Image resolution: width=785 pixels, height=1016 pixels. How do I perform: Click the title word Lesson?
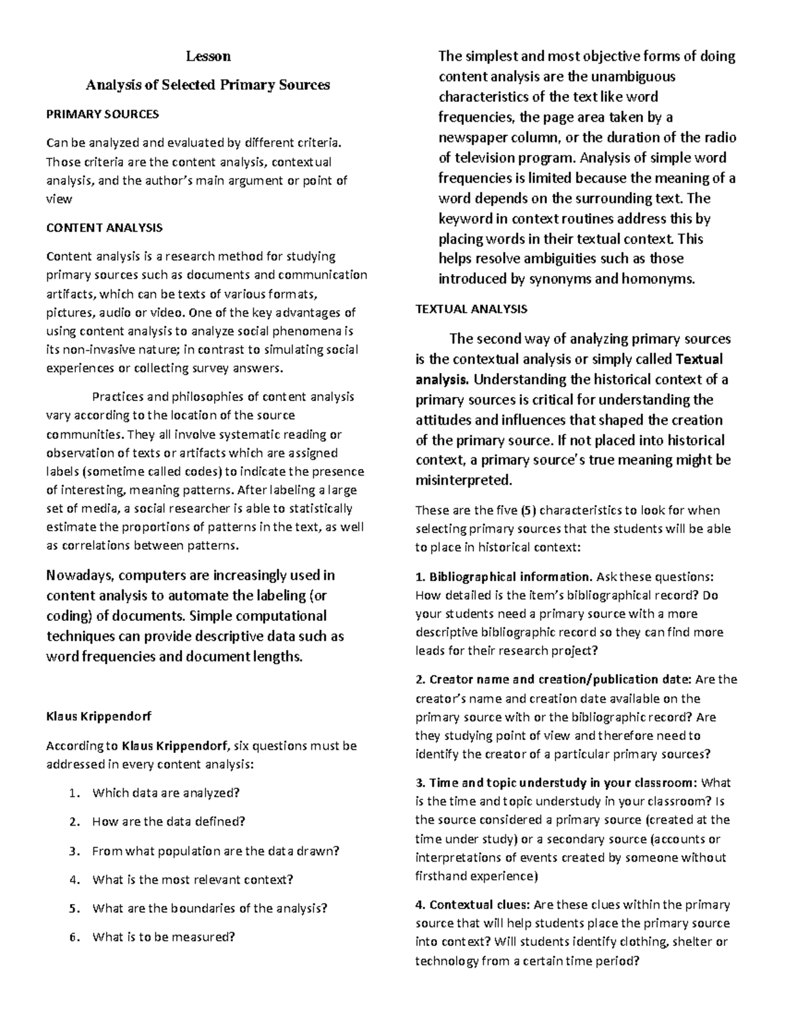[x=208, y=56]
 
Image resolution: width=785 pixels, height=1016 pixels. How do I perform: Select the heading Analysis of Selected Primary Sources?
[x=208, y=84]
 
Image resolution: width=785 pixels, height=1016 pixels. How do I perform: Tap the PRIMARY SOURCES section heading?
[x=102, y=114]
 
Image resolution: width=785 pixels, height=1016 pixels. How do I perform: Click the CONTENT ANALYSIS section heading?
[x=104, y=228]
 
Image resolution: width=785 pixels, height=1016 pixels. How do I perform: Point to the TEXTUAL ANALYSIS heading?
[x=471, y=309]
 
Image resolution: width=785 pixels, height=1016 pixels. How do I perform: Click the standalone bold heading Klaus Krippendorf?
[x=98, y=716]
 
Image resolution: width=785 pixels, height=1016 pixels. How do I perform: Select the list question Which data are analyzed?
[x=166, y=793]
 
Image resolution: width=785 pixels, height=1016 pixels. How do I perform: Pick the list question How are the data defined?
[x=169, y=822]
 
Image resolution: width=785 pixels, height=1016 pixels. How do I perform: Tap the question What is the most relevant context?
[x=193, y=880]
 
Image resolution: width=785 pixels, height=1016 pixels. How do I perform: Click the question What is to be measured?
[x=163, y=937]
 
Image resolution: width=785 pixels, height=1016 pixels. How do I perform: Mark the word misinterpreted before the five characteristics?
[x=462, y=480]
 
